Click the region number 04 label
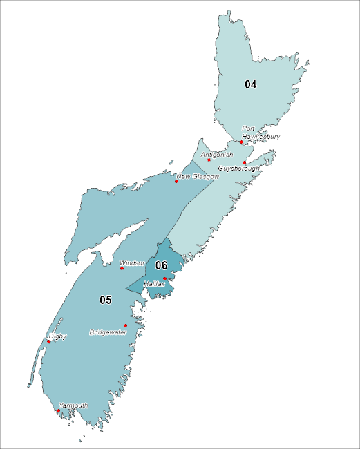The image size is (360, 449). (x=250, y=84)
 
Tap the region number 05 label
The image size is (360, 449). (x=105, y=300)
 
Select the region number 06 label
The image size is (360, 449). (x=161, y=265)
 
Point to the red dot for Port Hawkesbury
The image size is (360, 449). (x=241, y=142)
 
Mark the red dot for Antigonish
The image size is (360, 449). (x=209, y=160)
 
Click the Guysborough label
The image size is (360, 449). (x=238, y=169)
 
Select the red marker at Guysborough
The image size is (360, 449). (x=245, y=163)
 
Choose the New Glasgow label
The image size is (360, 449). (x=198, y=177)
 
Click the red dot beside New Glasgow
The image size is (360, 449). (x=176, y=182)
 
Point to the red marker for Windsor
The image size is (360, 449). (x=122, y=268)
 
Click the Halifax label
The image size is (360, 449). (x=153, y=284)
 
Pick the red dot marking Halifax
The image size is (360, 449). (x=164, y=278)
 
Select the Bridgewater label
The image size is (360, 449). (x=108, y=332)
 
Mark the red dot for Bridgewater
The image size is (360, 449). (x=125, y=325)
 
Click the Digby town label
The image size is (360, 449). (x=58, y=336)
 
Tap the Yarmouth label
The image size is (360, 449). (x=73, y=405)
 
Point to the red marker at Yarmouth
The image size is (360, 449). (x=58, y=411)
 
